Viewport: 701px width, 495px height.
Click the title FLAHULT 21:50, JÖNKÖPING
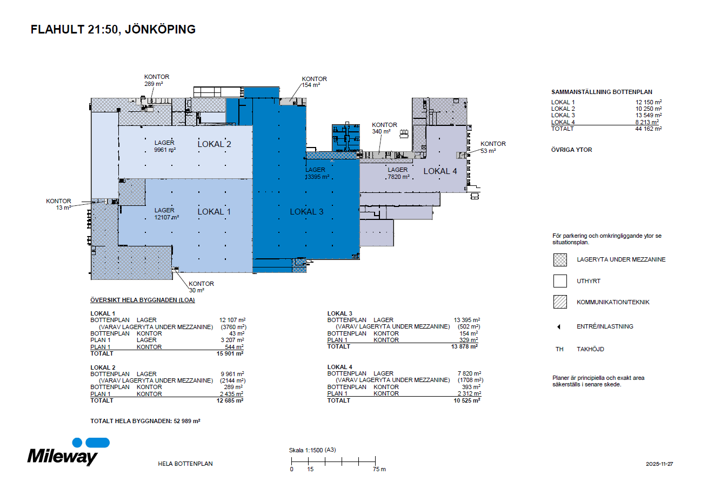tap(113, 30)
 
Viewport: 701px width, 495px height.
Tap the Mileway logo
tap(63, 453)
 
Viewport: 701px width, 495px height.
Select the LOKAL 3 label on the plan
tap(306, 211)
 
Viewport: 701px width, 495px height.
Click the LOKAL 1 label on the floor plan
tap(214, 211)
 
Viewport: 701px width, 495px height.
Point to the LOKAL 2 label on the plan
tap(214, 144)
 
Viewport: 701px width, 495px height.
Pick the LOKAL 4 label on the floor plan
tap(440, 171)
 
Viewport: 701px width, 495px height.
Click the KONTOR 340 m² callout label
tap(384, 128)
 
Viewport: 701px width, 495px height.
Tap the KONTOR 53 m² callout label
tap(493, 147)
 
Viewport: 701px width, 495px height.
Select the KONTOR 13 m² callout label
tap(58, 204)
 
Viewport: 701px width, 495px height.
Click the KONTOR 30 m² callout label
tap(201, 287)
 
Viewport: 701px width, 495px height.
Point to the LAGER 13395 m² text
tap(317, 173)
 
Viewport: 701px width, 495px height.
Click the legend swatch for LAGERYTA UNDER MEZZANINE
tap(560, 260)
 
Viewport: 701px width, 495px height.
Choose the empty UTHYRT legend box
tap(560, 281)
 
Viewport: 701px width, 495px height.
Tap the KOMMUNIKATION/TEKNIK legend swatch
tap(560, 302)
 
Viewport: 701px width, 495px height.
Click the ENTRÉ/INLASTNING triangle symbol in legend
tap(559, 327)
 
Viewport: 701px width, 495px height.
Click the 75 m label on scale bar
tap(379, 469)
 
